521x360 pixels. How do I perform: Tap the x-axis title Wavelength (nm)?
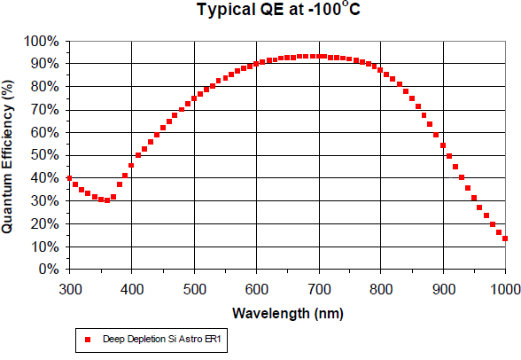point(287,313)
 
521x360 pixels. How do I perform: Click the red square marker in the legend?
point(88,339)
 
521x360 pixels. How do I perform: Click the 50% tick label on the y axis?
point(43,155)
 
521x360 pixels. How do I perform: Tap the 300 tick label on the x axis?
point(69,289)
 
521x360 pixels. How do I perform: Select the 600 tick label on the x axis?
point(256,289)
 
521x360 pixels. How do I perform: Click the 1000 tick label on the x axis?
point(502,289)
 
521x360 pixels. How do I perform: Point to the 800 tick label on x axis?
point(381,289)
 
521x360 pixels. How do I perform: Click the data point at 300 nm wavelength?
point(69,178)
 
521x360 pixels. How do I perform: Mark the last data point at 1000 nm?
point(505,239)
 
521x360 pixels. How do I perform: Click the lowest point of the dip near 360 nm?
point(107,200)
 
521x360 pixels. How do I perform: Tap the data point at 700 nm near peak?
point(318,56)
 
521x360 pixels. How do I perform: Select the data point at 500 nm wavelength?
point(194,98)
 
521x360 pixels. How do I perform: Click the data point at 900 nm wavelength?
point(443,145)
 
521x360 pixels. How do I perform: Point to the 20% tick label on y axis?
point(43,223)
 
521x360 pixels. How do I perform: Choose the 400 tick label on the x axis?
point(131,289)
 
